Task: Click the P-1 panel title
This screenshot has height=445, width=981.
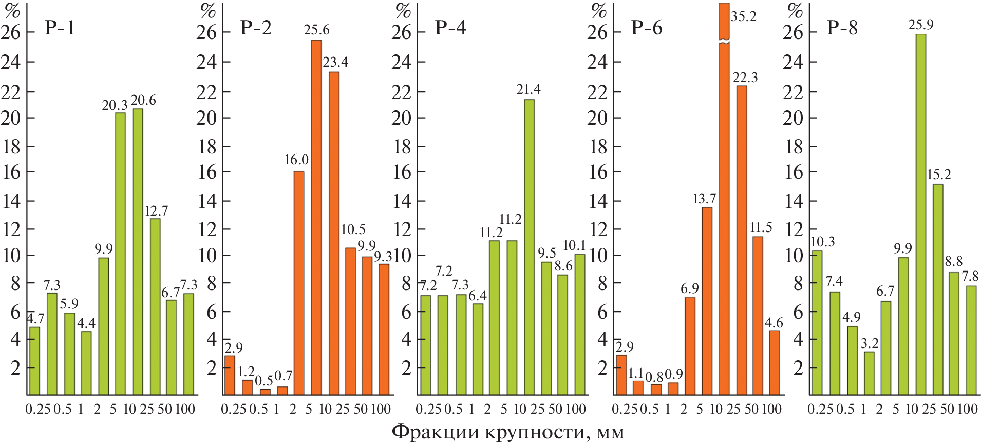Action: [60, 27]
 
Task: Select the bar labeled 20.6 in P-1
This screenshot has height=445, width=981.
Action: [138, 251]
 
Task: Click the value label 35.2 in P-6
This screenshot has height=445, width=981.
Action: [744, 16]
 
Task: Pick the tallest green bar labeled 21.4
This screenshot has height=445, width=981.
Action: [529, 247]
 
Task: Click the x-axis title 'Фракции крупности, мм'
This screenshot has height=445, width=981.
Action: [508, 432]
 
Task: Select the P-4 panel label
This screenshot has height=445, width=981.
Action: [450, 27]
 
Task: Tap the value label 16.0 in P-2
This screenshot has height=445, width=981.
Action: [296, 160]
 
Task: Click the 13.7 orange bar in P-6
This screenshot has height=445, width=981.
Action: [707, 301]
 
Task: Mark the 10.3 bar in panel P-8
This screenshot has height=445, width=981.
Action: [817, 322]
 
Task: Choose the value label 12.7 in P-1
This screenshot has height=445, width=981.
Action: [156, 211]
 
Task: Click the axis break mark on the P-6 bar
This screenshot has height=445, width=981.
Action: [724, 42]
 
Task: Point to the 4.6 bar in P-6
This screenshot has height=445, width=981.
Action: [775, 362]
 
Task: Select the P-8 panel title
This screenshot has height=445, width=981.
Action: [842, 27]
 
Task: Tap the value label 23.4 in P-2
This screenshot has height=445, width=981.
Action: [335, 62]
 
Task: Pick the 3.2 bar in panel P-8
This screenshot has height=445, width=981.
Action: [869, 373]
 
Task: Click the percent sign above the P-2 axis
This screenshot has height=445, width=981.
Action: [209, 10]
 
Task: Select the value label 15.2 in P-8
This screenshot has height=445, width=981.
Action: [938, 175]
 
